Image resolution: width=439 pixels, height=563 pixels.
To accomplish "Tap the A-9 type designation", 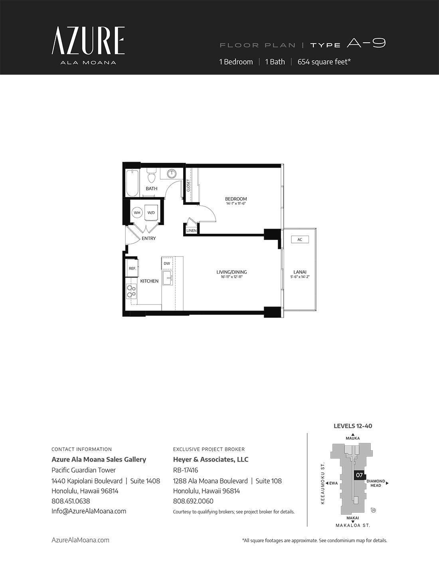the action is pyautogui.click(x=366, y=43).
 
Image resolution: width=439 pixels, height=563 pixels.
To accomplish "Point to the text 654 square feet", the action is pyautogui.click(x=324, y=62).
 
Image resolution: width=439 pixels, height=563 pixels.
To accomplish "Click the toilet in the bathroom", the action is pyautogui.click(x=151, y=176).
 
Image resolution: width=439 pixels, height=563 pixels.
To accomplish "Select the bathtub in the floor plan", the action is pyautogui.click(x=132, y=183).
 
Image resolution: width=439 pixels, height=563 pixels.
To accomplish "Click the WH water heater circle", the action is pyautogui.click(x=137, y=213).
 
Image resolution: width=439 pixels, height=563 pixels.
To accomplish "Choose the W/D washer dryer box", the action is pyautogui.click(x=151, y=213).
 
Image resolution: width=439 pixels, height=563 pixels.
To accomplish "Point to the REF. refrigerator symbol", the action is pyautogui.click(x=132, y=268).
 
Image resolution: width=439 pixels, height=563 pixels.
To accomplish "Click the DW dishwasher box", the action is pyautogui.click(x=167, y=263).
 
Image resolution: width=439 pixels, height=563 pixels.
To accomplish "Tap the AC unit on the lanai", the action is pyautogui.click(x=300, y=239).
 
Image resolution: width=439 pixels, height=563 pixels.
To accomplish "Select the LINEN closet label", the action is pyautogui.click(x=192, y=231).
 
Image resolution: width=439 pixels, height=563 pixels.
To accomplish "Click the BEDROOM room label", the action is pyautogui.click(x=236, y=199).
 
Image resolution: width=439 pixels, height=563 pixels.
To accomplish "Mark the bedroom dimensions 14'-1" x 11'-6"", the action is pyautogui.click(x=236, y=203).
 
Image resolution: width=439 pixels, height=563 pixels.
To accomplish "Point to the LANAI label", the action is pyautogui.click(x=300, y=272).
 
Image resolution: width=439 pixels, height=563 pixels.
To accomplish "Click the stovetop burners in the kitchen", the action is pyautogui.click(x=131, y=291).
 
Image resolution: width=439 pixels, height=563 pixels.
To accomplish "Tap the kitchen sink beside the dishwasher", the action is pyautogui.click(x=168, y=278).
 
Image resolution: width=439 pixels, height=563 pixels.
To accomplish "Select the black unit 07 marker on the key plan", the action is pyautogui.click(x=359, y=475).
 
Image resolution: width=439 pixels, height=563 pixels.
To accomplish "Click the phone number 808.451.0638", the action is pyautogui.click(x=71, y=501).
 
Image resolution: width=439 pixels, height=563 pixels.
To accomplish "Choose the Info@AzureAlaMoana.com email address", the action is pyautogui.click(x=89, y=511).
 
